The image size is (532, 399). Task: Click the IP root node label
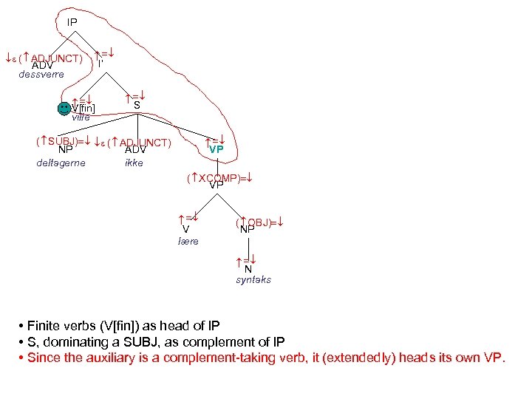(x=72, y=23)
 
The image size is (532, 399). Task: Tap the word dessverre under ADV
(x=41, y=75)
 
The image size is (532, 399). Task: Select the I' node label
(x=100, y=64)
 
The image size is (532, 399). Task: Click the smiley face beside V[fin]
(x=64, y=108)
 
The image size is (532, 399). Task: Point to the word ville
(x=81, y=117)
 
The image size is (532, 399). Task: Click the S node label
(x=137, y=105)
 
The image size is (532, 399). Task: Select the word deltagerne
(x=61, y=163)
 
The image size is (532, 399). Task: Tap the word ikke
(x=134, y=163)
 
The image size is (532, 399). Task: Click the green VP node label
(x=216, y=149)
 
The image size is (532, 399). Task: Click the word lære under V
(x=188, y=242)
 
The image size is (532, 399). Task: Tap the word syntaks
(x=253, y=280)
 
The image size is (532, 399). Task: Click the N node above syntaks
(x=248, y=269)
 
